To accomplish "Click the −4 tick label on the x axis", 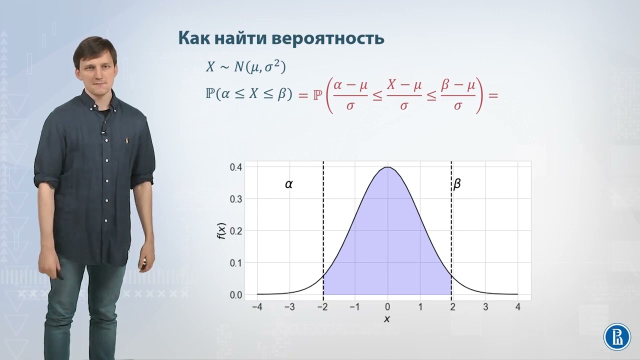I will pos(257,306).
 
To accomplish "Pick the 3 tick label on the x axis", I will pos(485,306).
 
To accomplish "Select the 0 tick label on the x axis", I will pos(387,306).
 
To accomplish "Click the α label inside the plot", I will pos(289,184).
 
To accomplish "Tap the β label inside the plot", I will pos(456,184).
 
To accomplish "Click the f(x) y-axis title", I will pos(221,230).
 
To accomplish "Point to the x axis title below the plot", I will pos(386,319).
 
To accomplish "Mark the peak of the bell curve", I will pos(387,167).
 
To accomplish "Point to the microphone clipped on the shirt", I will pos(103,132).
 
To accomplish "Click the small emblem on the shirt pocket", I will pos(127,140).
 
